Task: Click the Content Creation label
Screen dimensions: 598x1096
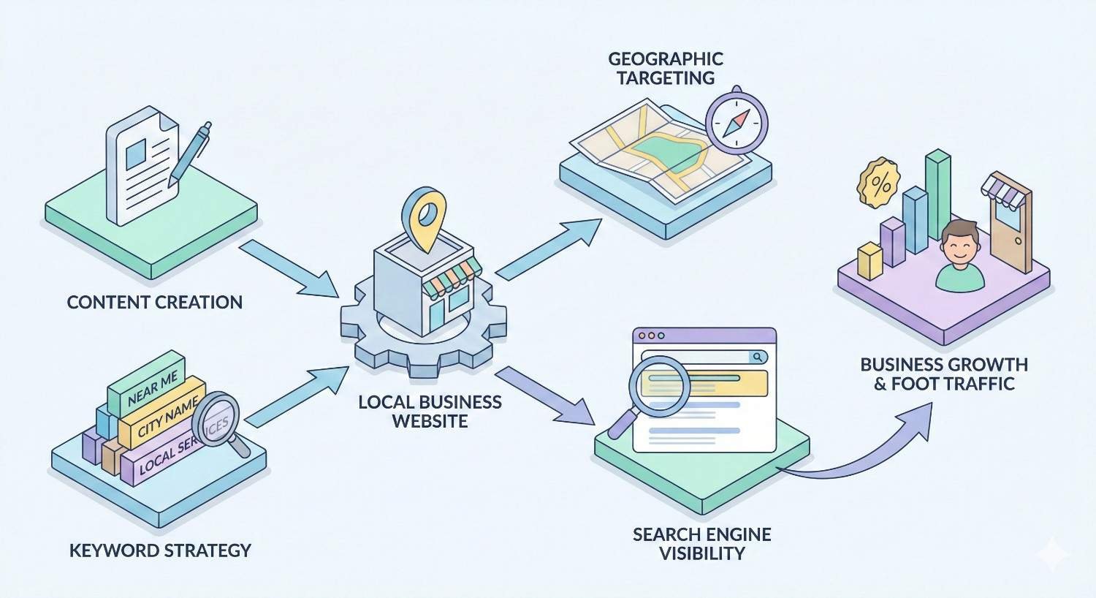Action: coord(154,302)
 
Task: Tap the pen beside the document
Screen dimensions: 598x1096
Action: coord(190,154)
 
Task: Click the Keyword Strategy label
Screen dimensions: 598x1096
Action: coord(160,550)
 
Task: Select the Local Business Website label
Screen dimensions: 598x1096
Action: coord(430,411)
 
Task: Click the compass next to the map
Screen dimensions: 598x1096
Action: coord(737,120)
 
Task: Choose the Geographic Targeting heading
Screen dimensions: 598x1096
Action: coord(666,68)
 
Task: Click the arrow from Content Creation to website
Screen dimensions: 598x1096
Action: coord(288,268)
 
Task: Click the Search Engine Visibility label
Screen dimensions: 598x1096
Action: coord(701,543)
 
